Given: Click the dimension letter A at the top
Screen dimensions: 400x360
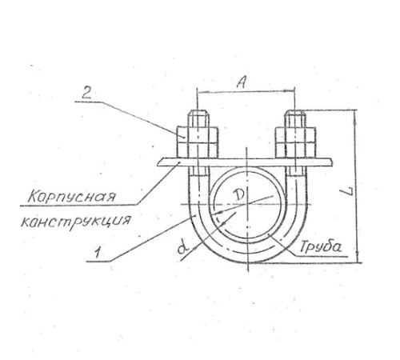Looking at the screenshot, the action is [242, 82].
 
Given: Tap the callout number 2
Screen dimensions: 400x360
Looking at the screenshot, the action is [86, 93].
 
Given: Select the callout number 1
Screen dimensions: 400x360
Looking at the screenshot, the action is [98, 253].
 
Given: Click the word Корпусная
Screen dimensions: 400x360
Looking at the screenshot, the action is [72, 197].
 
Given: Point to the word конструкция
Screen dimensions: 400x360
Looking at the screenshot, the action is [76, 221].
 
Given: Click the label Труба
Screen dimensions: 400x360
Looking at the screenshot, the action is [321, 246].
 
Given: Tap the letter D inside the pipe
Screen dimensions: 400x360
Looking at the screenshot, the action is [238, 196].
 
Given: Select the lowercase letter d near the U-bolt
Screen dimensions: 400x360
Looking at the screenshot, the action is [183, 248].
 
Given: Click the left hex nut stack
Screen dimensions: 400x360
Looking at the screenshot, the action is [198, 143].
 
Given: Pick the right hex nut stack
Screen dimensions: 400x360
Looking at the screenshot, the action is [295, 143].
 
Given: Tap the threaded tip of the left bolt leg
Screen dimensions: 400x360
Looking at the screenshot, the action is [198, 118].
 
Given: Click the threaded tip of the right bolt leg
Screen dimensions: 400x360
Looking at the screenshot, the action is [295, 118].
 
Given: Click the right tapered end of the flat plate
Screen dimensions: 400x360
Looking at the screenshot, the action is [331, 162].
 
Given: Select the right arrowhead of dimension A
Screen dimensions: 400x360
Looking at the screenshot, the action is [290, 90].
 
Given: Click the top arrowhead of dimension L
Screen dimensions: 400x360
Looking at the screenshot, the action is [355, 114].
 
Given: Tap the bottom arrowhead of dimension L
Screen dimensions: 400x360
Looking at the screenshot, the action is [358, 257].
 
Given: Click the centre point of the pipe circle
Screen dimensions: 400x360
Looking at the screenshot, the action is [247, 204].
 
